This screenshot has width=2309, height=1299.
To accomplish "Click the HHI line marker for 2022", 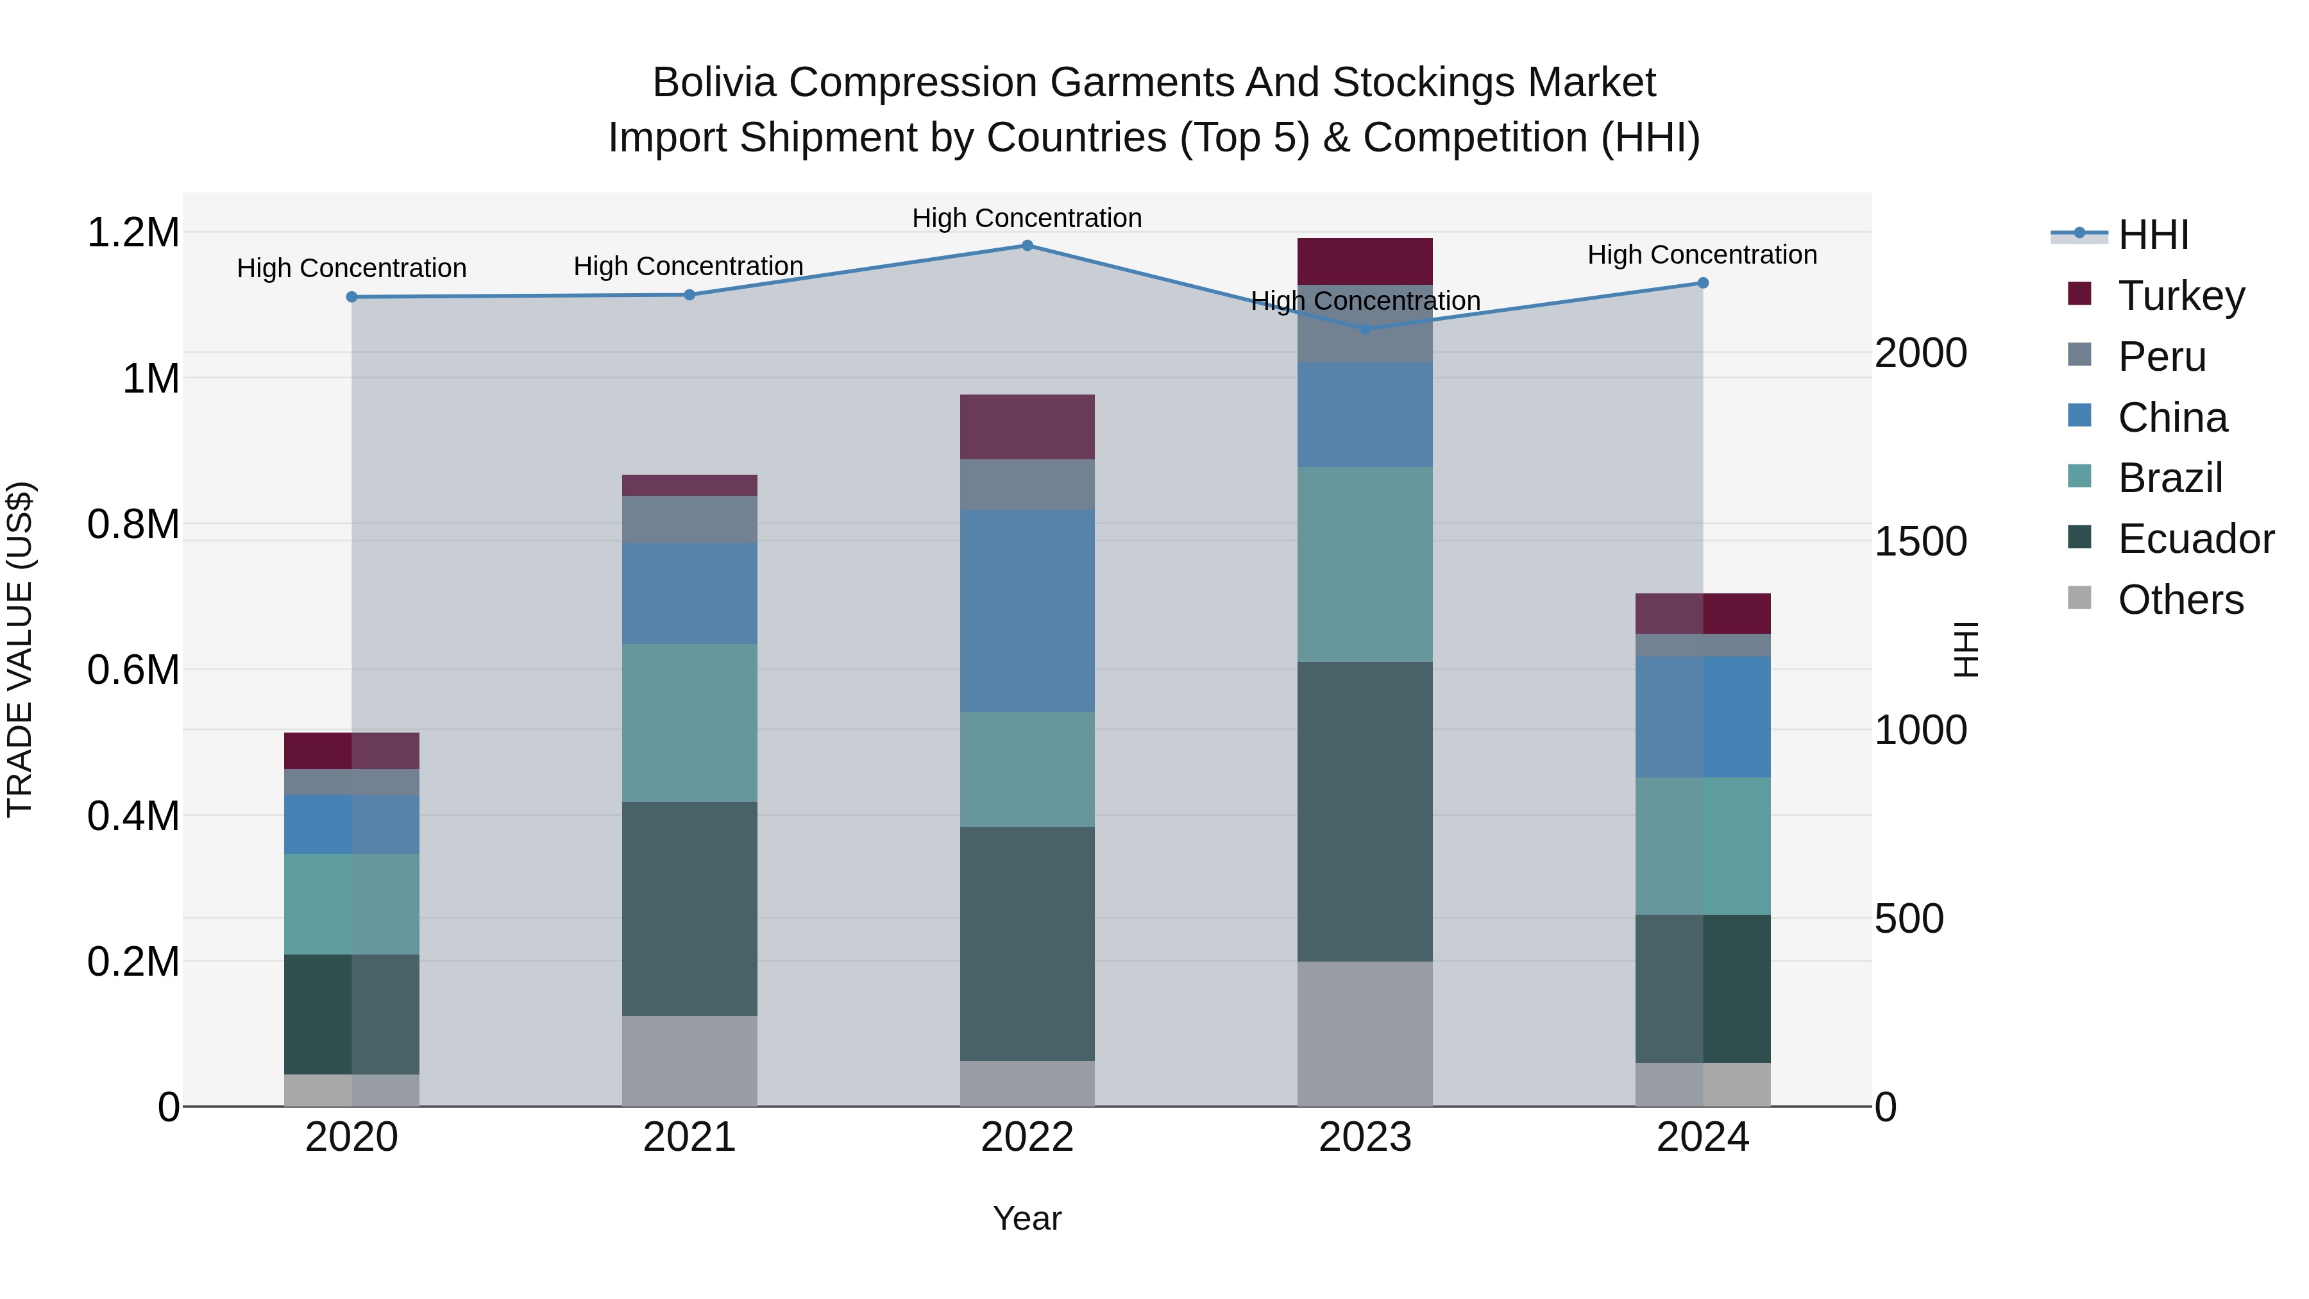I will click(x=1028, y=246).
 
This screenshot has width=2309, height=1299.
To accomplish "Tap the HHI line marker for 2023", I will click(x=1365, y=329).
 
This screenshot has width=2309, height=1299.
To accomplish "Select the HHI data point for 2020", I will click(x=351, y=297).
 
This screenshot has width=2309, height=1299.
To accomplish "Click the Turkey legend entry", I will click(x=2181, y=296).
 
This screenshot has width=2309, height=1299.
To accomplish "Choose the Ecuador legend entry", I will click(x=2195, y=539).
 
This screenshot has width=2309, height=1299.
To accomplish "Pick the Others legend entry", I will click(x=2180, y=600).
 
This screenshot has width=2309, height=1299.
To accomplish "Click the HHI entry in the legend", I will click(x=2153, y=235).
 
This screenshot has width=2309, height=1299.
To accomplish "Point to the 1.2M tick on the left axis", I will click(x=133, y=233).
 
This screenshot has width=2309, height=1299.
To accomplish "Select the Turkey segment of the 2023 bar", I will click(x=1365, y=261).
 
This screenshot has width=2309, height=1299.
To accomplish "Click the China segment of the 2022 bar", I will click(x=1028, y=611).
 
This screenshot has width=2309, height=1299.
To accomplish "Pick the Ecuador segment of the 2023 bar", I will click(x=1365, y=811).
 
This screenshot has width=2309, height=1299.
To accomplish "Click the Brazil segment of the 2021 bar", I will click(x=689, y=722).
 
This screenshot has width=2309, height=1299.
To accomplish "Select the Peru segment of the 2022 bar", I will click(x=1028, y=484).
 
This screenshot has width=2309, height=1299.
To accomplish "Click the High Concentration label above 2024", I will click(x=1702, y=255).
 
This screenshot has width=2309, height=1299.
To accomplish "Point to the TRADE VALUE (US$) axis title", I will click(x=20, y=649).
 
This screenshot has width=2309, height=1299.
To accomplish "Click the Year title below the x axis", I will click(x=1028, y=1218).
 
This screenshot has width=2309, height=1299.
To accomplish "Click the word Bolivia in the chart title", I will click(x=713, y=83).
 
